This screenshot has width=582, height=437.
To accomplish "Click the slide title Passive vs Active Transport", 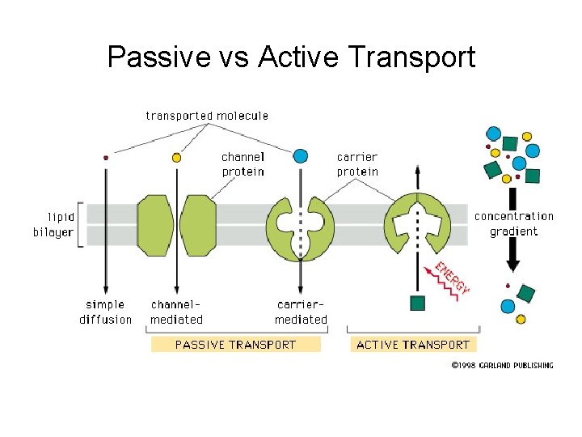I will tap(291, 57).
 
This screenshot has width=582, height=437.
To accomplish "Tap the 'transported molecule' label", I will tap(207, 116).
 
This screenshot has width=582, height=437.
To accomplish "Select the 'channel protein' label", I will tap(242, 164).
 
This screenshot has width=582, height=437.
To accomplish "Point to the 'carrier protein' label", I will tap(357, 164).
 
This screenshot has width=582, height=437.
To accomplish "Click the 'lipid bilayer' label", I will tap(54, 224).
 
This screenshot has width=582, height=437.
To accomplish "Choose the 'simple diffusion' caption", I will tap(105, 312).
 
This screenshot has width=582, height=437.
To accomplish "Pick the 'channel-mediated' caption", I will tap(176, 312).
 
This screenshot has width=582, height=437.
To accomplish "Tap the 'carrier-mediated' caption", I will tap(301, 312).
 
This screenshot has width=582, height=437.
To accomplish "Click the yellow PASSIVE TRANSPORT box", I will tap(235, 345).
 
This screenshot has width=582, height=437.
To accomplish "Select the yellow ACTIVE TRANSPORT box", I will tap(412, 345).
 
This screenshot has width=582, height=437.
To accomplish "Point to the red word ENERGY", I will tap(453, 276).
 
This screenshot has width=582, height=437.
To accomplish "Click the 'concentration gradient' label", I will tap(514, 223).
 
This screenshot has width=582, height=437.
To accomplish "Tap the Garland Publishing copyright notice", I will tap(502, 366).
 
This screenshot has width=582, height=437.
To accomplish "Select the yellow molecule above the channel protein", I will tap(176, 158).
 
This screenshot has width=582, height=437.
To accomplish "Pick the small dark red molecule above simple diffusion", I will tap(105, 158).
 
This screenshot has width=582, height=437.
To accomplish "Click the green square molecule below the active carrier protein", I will tap(417, 303).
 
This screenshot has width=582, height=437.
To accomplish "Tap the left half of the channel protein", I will tap(156, 224).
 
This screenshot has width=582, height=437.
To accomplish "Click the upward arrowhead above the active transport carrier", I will tap(417, 170).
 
